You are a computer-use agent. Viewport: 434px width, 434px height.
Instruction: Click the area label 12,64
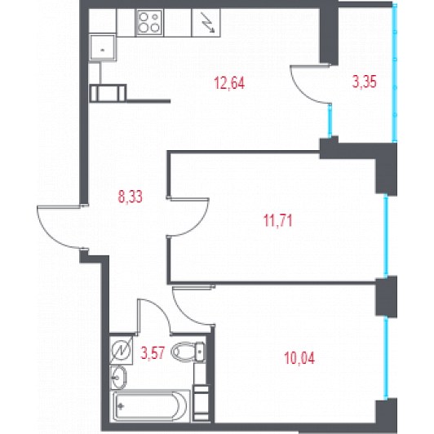click(x=229, y=82)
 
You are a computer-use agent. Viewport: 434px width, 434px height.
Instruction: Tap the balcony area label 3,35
click(x=364, y=82)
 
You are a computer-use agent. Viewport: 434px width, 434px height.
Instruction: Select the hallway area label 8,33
click(x=130, y=197)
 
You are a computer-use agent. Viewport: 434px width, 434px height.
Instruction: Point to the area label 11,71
click(x=278, y=221)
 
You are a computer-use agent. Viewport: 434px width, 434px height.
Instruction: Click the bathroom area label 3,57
click(x=153, y=353)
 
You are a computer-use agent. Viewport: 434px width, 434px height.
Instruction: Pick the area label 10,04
click(x=299, y=358)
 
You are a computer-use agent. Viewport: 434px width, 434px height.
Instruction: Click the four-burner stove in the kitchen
click(x=149, y=22)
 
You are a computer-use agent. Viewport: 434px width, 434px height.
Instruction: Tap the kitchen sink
click(x=102, y=47)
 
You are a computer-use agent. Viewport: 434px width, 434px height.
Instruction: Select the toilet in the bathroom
click(x=188, y=352)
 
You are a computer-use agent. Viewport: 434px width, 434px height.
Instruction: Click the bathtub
click(x=150, y=405)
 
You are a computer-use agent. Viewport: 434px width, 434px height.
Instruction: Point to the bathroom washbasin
click(x=118, y=377)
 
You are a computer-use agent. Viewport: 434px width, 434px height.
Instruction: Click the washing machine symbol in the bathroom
click(x=122, y=350)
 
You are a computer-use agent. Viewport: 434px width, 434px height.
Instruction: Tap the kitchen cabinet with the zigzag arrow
click(x=206, y=22)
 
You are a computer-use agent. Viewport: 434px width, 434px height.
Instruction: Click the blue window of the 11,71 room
click(x=386, y=236)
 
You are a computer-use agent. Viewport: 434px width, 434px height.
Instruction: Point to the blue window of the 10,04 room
click(x=386, y=358)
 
